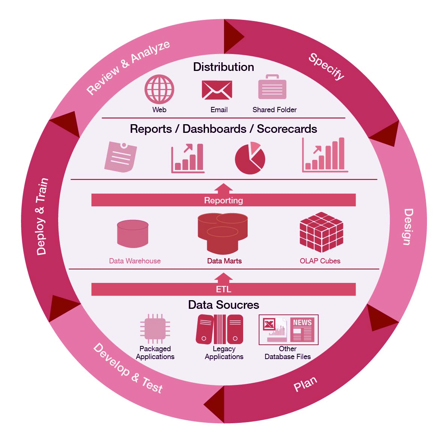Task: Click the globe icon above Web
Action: click(x=159, y=89)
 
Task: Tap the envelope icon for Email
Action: click(x=217, y=90)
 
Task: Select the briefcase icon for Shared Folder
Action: click(x=272, y=87)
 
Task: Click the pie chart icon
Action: click(x=250, y=158)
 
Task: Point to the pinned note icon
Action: click(x=120, y=157)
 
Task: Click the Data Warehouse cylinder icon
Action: click(x=132, y=233)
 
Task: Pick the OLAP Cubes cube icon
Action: click(x=321, y=232)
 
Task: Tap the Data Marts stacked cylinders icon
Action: click(x=223, y=233)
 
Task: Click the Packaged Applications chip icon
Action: click(x=155, y=329)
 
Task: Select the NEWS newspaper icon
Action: click(x=302, y=330)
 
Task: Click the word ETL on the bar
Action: click(x=224, y=289)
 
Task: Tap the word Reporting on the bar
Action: click(x=224, y=200)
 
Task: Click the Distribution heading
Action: click(x=224, y=67)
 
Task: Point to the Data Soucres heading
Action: click(x=224, y=305)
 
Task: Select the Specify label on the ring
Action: click(x=327, y=66)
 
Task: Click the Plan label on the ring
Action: click(x=305, y=384)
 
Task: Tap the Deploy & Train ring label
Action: click(x=42, y=216)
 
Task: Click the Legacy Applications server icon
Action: click(x=219, y=329)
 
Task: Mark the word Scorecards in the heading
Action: click(x=287, y=129)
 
